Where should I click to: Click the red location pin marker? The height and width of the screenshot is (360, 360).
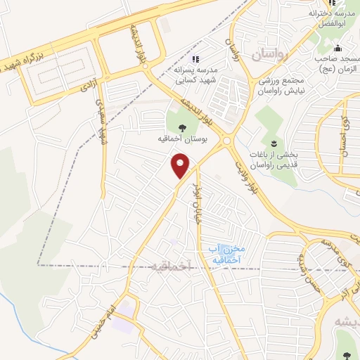coord(181,167)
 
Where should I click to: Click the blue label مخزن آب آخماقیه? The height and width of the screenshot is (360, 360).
coord(225,255)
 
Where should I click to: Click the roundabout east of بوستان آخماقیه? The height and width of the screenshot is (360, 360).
coord(226,141)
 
